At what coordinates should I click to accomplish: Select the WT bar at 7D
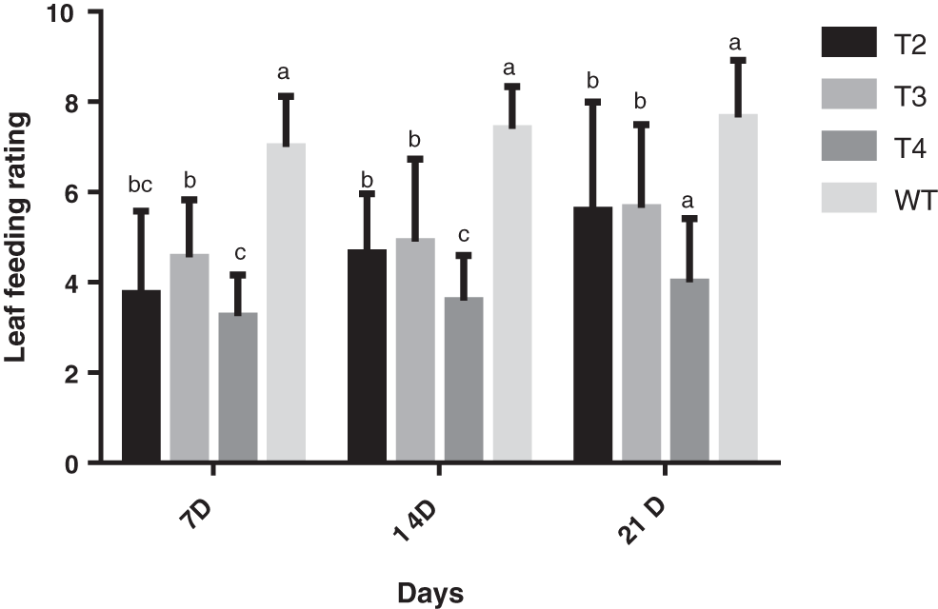pos(286,303)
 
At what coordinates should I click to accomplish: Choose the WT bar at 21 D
pos(738,289)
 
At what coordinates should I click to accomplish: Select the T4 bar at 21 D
pos(689,371)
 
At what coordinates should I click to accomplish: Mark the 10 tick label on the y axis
pos(75,12)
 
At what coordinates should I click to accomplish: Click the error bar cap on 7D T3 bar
pos(190,199)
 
